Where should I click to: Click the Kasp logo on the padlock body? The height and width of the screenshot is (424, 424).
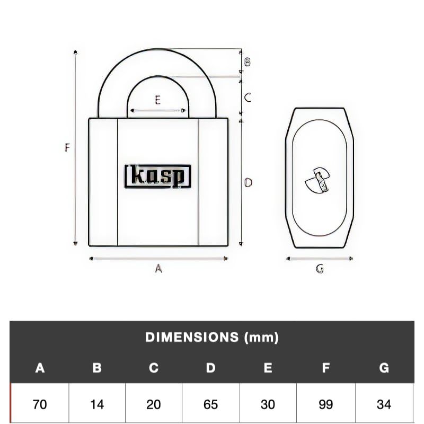tap(158, 176)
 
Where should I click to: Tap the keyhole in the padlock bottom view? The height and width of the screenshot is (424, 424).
tap(318, 180)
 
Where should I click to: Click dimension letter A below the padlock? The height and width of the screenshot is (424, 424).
tap(158, 269)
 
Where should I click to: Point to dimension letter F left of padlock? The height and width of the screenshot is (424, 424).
tap(67, 148)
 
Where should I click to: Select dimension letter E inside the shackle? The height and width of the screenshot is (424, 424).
tap(157, 100)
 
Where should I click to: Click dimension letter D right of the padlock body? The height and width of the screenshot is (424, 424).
tap(248, 183)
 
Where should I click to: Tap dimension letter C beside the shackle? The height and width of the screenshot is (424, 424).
tap(247, 98)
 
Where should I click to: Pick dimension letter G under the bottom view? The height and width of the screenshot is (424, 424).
tap(320, 269)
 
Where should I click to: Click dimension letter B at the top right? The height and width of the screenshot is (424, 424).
tap(247, 62)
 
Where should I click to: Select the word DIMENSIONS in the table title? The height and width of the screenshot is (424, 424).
tap(192, 337)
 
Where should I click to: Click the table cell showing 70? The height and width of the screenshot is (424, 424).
tap(40, 404)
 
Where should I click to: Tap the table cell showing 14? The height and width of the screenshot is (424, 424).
tap(97, 404)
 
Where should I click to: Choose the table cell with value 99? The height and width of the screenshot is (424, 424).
tap(325, 404)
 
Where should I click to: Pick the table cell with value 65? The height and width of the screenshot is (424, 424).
tap(211, 404)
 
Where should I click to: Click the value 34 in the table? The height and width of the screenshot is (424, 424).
tap(384, 404)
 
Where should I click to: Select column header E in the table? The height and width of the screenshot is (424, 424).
tap(268, 368)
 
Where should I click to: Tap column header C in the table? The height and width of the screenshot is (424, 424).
tap(154, 368)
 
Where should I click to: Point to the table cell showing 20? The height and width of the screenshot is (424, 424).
tap(154, 404)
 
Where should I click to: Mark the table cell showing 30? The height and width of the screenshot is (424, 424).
tap(268, 404)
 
